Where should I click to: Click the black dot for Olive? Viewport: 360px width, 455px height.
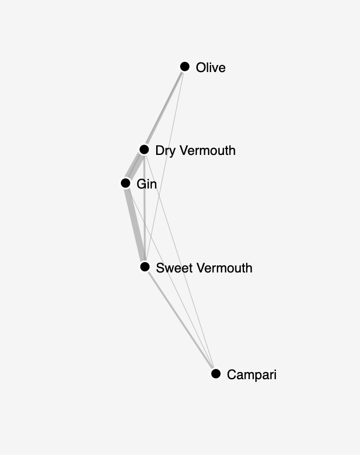tap(185, 67)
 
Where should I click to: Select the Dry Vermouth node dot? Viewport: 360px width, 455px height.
tap(144, 149)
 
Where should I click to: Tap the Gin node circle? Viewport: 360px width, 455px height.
tap(126, 183)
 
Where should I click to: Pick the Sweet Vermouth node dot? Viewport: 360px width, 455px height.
tap(145, 266)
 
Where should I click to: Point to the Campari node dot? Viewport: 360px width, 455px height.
tap(216, 373)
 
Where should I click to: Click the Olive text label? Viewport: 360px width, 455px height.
tap(211, 68)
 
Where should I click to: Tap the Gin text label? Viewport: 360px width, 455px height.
tap(147, 184)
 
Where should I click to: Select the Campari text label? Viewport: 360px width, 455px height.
tap(252, 375)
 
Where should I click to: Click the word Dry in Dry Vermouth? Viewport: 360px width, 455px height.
tap(165, 151)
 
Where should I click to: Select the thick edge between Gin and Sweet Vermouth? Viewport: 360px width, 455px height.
tap(135, 225)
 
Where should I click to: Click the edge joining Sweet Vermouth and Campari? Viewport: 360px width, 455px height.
tap(180, 320)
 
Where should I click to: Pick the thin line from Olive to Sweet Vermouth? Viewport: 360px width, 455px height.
tap(165, 167)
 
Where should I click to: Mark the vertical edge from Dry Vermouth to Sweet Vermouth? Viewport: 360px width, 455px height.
tap(144, 208)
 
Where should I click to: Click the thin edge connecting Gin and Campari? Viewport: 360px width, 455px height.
tap(171, 278)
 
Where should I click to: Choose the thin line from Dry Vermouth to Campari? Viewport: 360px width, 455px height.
tap(180, 262)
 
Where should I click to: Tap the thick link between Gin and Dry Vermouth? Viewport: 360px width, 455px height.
tap(135, 166)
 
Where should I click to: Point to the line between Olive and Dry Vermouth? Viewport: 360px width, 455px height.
tap(164, 108)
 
